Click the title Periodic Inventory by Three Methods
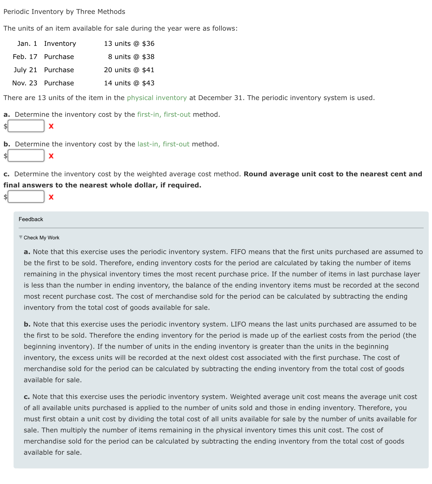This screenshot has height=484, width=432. [x=64, y=12]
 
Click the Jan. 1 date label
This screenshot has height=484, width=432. [x=27, y=44]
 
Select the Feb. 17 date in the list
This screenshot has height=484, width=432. [x=25, y=57]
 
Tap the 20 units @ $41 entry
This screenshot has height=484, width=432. [x=129, y=70]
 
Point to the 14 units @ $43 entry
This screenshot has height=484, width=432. [x=129, y=83]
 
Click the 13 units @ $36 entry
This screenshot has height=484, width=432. [x=129, y=44]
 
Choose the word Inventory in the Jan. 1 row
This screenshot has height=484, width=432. [x=60, y=44]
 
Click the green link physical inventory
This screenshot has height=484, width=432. [x=157, y=98]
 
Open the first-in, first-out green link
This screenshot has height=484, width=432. [x=163, y=114]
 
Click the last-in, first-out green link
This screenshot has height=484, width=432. [x=163, y=144]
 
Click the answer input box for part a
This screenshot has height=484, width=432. [x=26, y=126]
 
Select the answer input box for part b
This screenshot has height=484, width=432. [x=26, y=156]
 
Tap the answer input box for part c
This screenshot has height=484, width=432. [x=26, y=197]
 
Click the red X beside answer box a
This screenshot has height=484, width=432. [x=51, y=126]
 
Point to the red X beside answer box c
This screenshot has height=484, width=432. [x=51, y=197]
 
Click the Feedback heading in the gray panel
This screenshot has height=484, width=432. [x=31, y=219]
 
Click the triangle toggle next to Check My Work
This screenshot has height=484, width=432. [x=21, y=237]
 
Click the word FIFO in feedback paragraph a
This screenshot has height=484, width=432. [x=238, y=252]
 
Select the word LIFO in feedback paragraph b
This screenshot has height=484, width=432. [x=238, y=324]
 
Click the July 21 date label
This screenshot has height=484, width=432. [x=25, y=70]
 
